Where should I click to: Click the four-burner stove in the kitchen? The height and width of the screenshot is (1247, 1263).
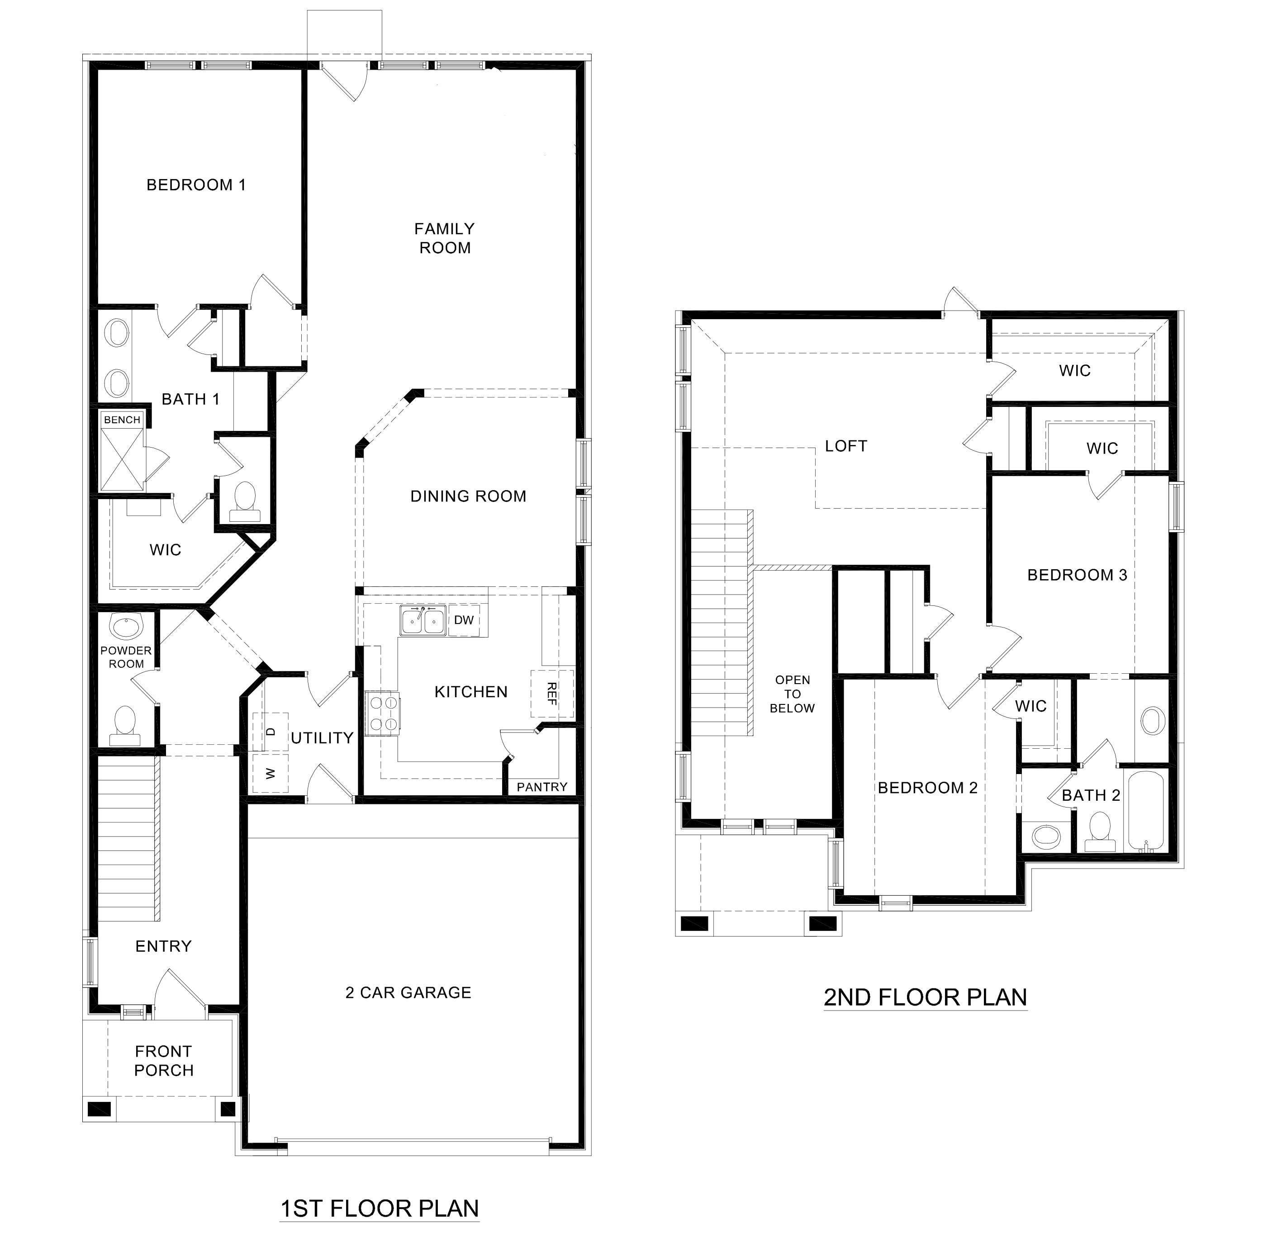(x=382, y=713)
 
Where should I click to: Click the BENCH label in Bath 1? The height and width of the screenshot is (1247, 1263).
(x=122, y=420)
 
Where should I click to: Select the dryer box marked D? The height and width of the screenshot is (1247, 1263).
(x=271, y=732)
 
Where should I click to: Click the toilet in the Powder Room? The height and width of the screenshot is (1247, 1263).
(x=124, y=725)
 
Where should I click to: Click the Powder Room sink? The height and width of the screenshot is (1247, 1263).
(x=125, y=628)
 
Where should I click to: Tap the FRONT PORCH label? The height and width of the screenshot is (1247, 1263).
(x=163, y=1061)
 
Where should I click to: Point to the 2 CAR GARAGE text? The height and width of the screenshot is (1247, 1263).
(x=408, y=993)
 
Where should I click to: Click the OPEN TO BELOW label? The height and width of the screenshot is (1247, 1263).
(x=793, y=694)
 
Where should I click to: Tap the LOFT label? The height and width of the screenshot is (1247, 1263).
(x=846, y=446)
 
